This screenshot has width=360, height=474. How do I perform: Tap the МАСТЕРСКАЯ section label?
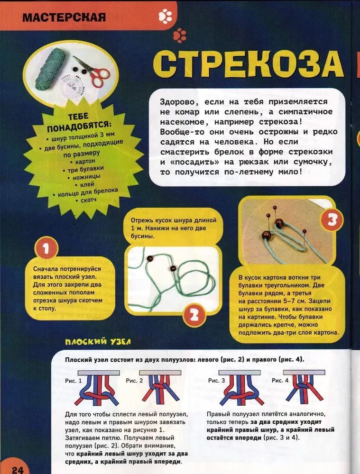(63, 18)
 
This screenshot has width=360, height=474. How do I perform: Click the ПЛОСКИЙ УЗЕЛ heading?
(98, 342)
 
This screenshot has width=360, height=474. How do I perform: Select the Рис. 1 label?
(73, 380)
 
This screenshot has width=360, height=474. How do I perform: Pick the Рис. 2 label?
(135, 380)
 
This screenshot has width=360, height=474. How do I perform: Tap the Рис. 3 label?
(217, 380)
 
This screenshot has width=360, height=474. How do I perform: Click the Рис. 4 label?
(280, 380)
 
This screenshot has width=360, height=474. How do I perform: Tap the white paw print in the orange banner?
(165, 17)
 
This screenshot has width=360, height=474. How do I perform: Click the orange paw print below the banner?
(180, 35)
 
